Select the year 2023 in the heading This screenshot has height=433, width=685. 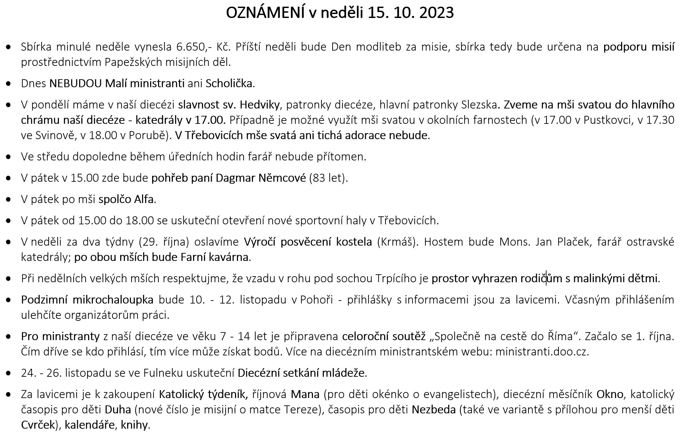click(x=436, y=13)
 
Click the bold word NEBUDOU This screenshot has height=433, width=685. click(x=76, y=83)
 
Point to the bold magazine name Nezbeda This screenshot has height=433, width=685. click(x=433, y=409)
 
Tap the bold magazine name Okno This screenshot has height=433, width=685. click(x=609, y=394)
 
